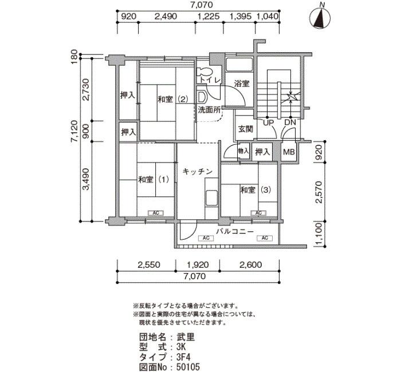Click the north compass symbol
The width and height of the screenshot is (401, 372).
click(x=320, y=17)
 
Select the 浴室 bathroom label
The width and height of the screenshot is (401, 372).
click(x=242, y=84)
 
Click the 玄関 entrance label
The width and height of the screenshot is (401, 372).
click(x=246, y=129)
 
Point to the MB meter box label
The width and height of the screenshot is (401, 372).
click(x=289, y=152)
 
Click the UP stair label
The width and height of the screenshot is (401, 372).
click(x=269, y=122)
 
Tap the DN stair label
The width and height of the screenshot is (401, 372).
click(x=290, y=122)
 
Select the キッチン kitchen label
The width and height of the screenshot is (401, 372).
click(x=198, y=172)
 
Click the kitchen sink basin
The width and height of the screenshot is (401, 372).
click(x=211, y=198)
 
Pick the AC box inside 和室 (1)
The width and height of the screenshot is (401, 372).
click(x=156, y=213)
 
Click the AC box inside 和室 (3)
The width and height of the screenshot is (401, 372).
click(x=258, y=213)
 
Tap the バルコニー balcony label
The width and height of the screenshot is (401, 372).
click(x=235, y=232)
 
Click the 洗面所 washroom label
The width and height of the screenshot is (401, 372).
click(x=210, y=110)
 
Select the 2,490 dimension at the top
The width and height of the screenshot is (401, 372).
click(x=166, y=17)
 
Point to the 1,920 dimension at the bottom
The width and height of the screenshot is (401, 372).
click(x=198, y=264)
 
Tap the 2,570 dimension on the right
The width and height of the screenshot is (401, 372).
click(x=319, y=192)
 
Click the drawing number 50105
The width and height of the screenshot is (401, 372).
click(x=188, y=367)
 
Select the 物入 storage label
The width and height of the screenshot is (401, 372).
click(x=243, y=151)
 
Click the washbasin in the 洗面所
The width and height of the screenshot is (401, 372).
click(x=202, y=97)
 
